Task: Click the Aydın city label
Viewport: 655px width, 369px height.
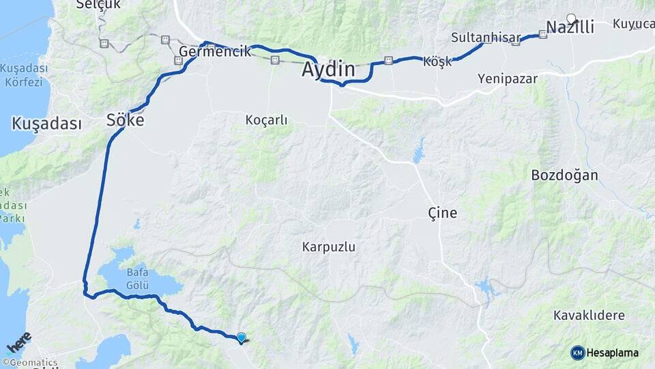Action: point(329,70)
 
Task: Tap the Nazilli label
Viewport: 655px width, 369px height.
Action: point(570,28)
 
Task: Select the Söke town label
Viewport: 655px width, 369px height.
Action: point(126,120)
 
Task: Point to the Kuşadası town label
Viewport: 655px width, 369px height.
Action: point(46,124)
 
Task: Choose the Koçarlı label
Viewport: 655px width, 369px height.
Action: point(266,120)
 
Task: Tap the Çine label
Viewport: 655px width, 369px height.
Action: point(442,213)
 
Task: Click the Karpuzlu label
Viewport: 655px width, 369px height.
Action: point(329,247)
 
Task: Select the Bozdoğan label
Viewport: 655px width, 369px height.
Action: point(564,175)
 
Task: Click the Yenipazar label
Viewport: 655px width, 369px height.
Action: point(507,79)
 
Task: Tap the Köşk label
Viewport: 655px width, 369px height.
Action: point(437,61)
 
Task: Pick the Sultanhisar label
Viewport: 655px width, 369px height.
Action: point(486,38)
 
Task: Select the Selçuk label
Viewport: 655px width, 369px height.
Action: point(93,5)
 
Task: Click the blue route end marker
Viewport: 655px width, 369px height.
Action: point(241,337)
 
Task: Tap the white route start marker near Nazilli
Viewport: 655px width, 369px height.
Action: point(571,18)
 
